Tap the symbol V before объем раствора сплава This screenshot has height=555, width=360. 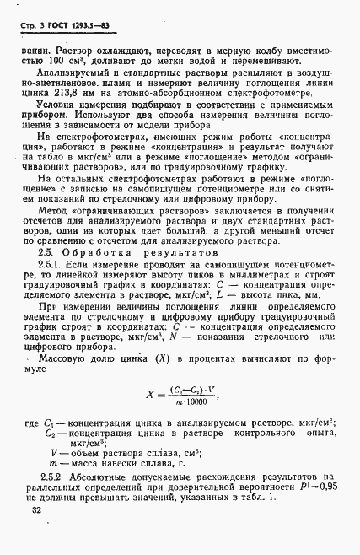click(53, 451)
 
